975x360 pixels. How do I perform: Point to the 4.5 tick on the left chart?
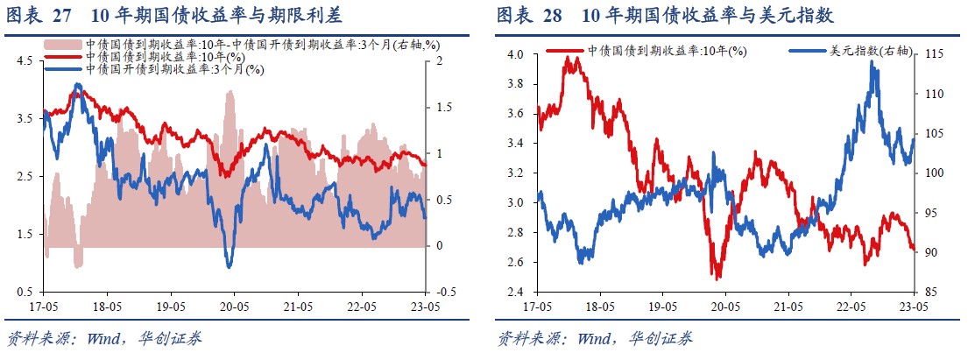tap(24, 60)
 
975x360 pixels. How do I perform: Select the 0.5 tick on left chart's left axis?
tap(24, 292)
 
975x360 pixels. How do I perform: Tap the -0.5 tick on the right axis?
tap(444, 292)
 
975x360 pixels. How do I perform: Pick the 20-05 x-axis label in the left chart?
tap(233, 307)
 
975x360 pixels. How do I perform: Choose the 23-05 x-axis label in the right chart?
tap(912, 308)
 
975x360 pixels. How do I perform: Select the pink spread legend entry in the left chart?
tap(263, 44)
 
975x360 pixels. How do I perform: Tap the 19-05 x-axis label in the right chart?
tap(661, 308)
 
